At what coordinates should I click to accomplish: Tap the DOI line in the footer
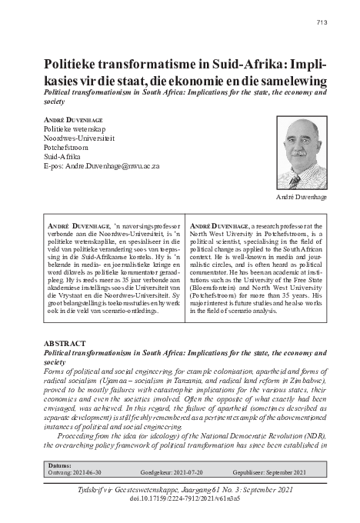tap(179, 499)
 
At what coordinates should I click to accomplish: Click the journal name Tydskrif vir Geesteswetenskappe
tap(123, 489)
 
